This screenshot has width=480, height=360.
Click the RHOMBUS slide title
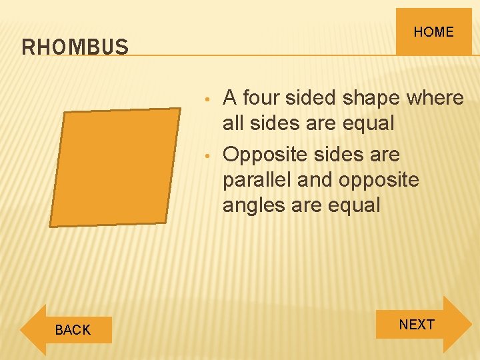tap(75, 47)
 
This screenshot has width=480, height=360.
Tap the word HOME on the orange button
tap(433, 32)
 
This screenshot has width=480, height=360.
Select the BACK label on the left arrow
tap(73, 329)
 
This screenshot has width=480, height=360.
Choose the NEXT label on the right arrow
tap(417, 325)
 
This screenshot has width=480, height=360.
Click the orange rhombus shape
tap(115, 167)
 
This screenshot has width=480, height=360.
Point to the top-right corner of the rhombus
tap(180, 109)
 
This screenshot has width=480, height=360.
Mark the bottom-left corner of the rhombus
tap(50, 226)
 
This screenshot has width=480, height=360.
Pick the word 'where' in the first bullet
tap(434, 98)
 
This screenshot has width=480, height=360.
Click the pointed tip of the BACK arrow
tap(21, 329)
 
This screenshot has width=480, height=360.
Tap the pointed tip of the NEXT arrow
tap(471, 325)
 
